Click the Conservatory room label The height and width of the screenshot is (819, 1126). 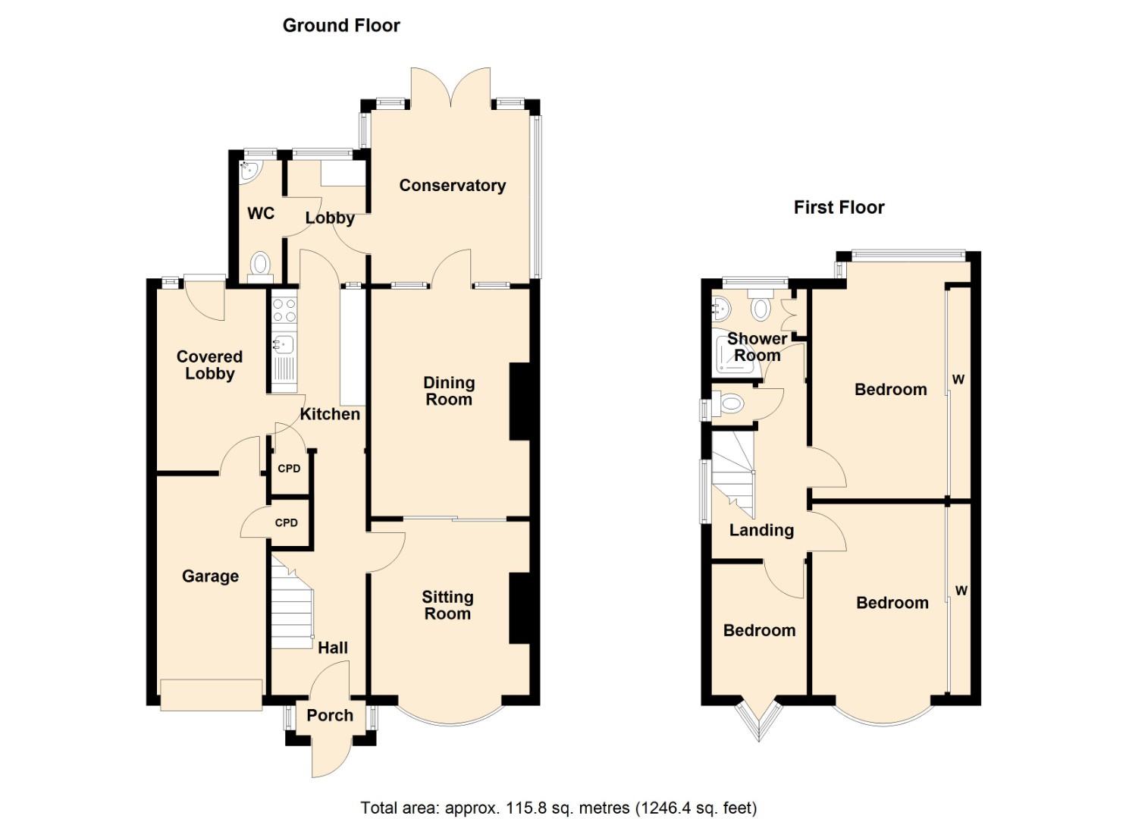pyautogui.click(x=452, y=186)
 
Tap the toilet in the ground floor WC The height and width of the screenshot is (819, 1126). pyautogui.click(x=260, y=265)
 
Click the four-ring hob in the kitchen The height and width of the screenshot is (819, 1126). pyautogui.click(x=284, y=309)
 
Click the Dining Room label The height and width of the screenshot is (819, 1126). pyautogui.click(x=449, y=391)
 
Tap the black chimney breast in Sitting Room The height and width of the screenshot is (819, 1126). pyautogui.click(x=519, y=608)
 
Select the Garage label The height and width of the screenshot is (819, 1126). pyautogui.click(x=210, y=576)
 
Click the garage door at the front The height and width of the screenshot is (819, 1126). pyautogui.click(x=211, y=694)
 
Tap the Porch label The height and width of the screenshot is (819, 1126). pyautogui.click(x=330, y=715)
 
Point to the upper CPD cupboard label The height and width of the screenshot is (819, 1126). pyautogui.click(x=289, y=469)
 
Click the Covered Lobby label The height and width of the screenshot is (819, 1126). pyautogui.click(x=209, y=365)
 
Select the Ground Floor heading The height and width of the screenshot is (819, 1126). pyautogui.click(x=341, y=26)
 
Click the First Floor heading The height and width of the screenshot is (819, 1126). pyautogui.click(x=839, y=208)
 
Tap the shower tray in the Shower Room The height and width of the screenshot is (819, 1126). pyautogui.click(x=736, y=356)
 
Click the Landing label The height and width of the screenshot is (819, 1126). pyautogui.click(x=761, y=531)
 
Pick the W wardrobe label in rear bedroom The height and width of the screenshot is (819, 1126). pyautogui.click(x=958, y=379)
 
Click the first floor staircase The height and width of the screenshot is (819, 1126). pyautogui.click(x=732, y=474)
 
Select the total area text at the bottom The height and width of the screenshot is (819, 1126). pyautogui.click(x=558, y=808)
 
